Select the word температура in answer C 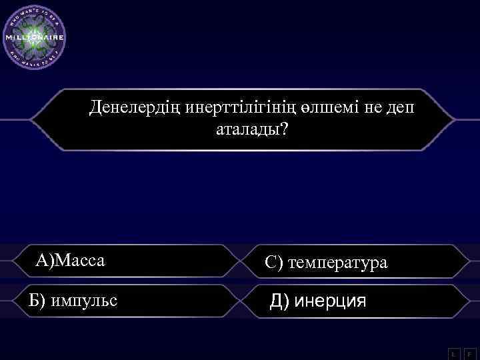[x=337, y=263]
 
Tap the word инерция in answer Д [x=331, y=301]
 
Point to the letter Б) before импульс [x=38, y=301]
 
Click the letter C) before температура [x=274, y=263]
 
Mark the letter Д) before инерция [x=280, y=301]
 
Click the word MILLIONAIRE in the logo [x=35, y=37]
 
